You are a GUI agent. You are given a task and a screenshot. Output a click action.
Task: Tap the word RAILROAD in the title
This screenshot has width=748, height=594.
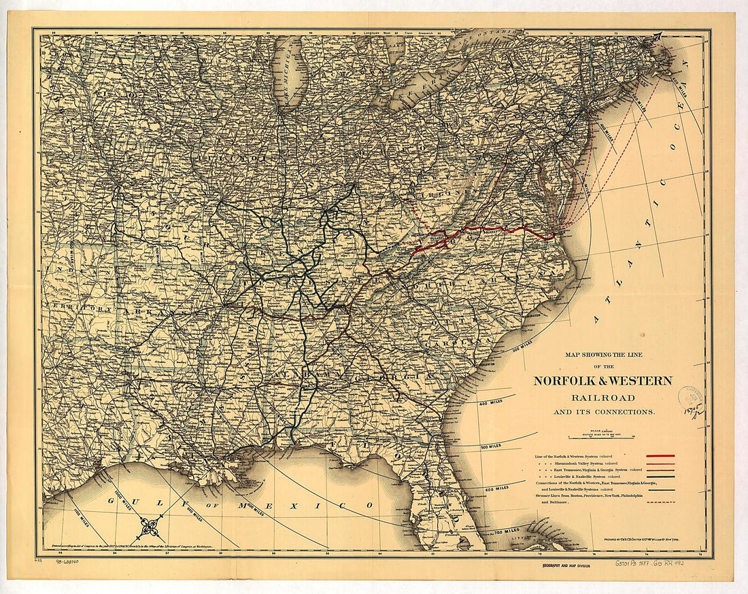602,398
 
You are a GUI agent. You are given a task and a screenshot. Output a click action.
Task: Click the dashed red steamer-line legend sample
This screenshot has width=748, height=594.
660,502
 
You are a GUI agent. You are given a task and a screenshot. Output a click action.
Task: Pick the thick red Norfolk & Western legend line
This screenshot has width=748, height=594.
660,455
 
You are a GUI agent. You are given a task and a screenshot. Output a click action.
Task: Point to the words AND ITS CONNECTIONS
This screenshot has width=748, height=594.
603,412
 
